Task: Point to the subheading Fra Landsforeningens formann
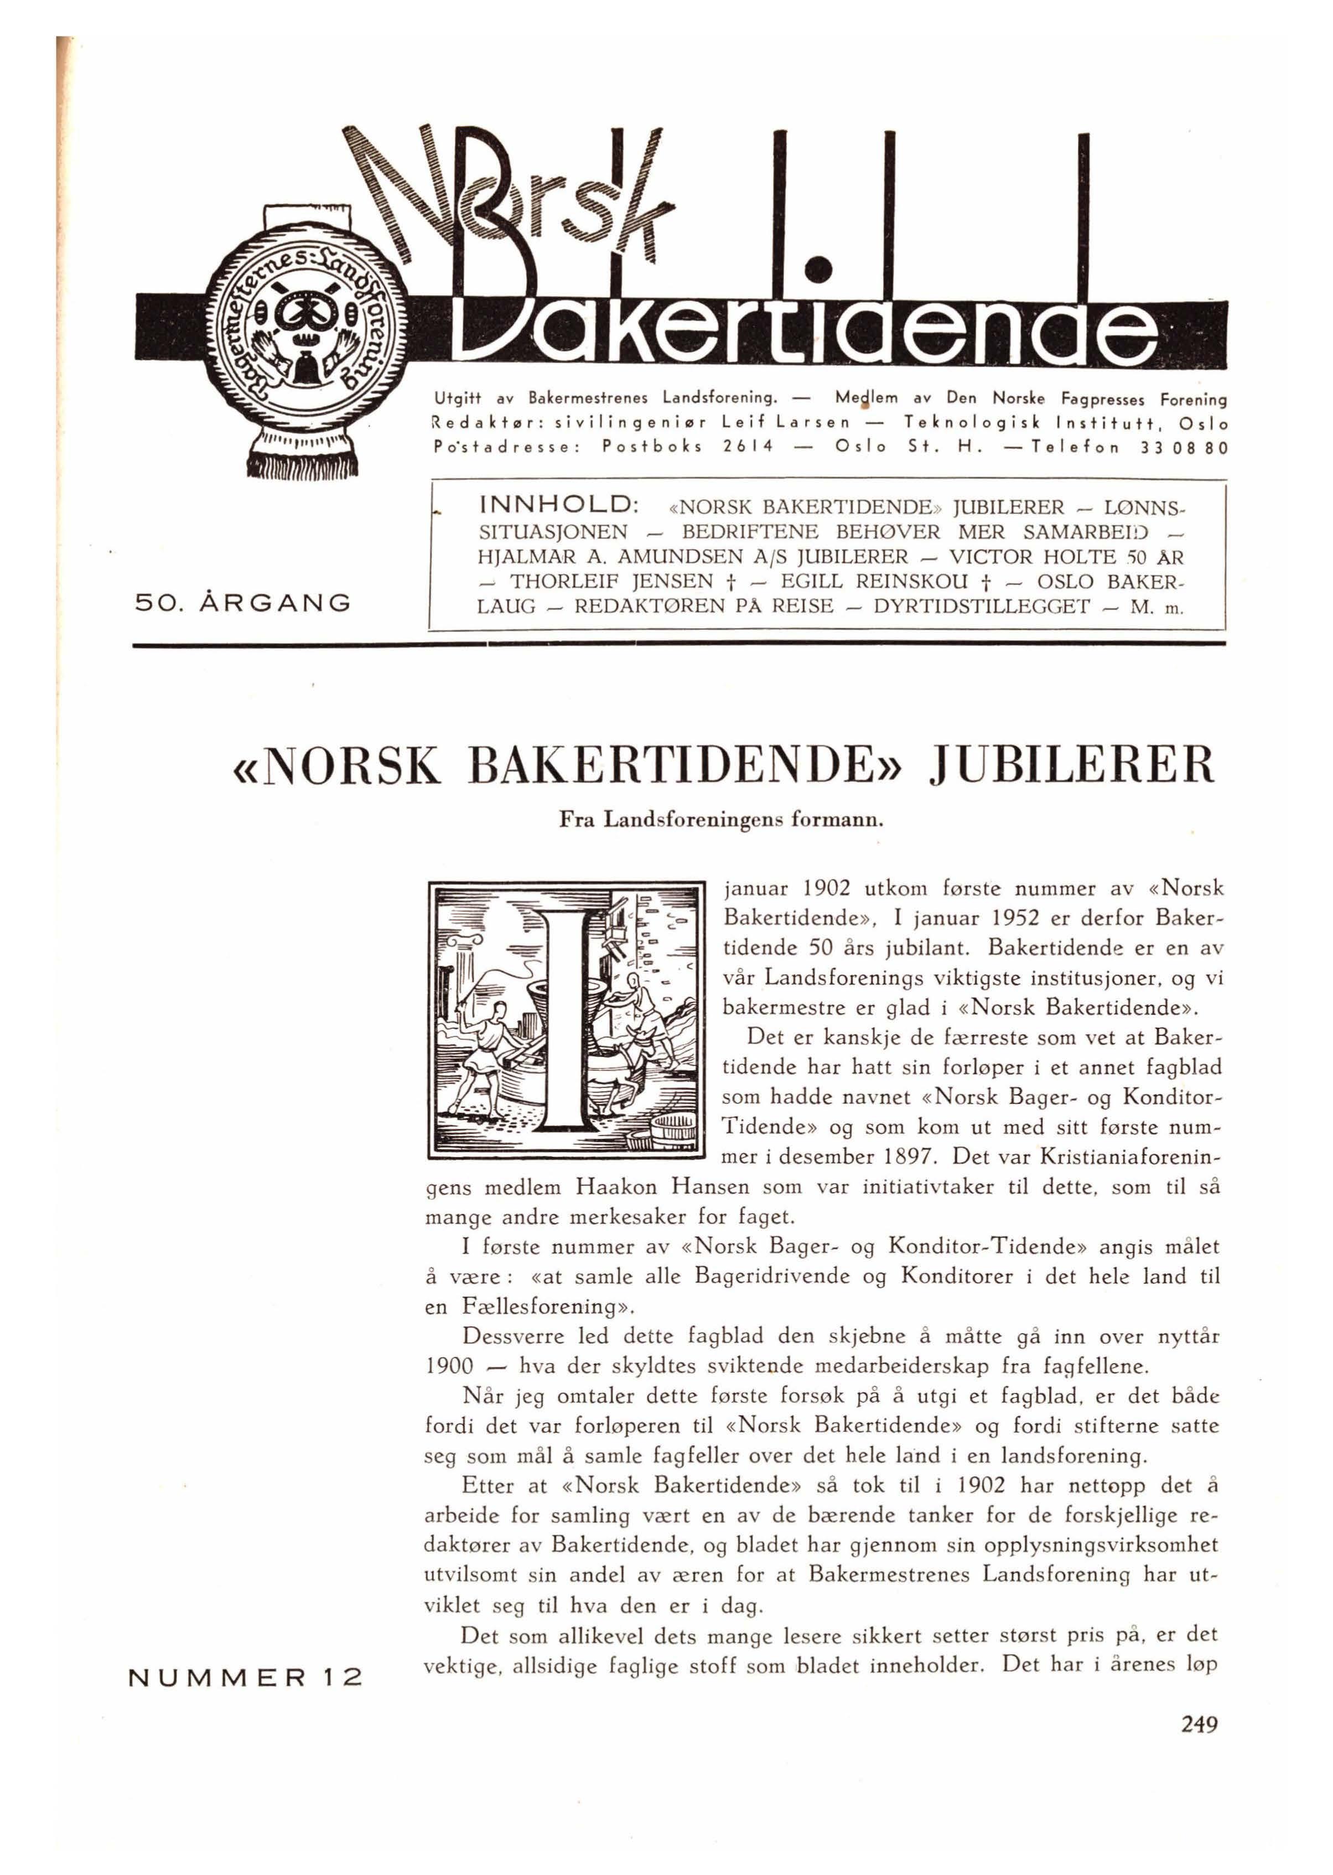720,819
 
